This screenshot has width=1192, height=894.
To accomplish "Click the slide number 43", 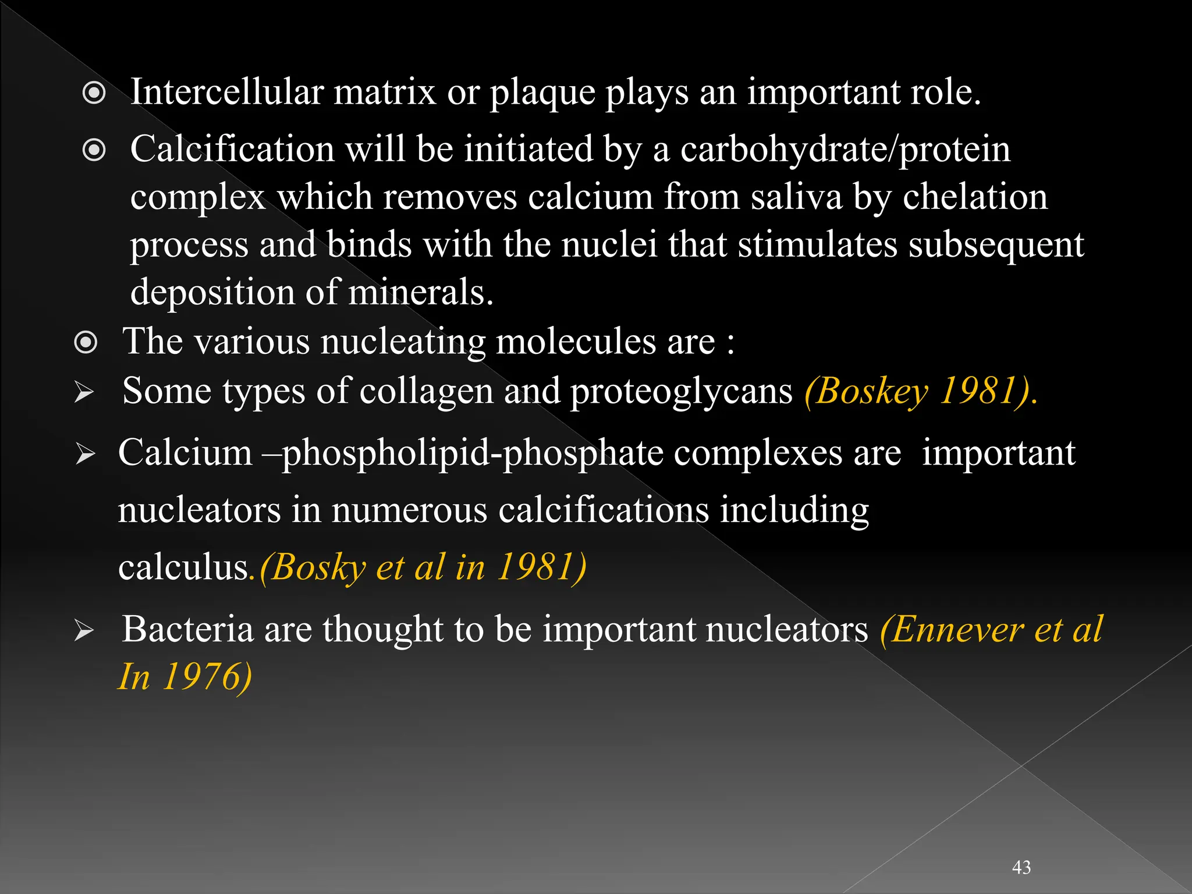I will coord(1021,867).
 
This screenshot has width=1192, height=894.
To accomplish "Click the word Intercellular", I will coord(226,92).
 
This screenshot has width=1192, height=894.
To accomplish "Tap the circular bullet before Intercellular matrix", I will coord(94,93).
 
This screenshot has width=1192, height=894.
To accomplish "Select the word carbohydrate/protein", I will coord(845,150).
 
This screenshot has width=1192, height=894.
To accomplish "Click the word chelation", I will coord(975,197).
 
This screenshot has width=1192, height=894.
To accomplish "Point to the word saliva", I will coord(796,197).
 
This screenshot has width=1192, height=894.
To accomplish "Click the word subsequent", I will coord(996,245).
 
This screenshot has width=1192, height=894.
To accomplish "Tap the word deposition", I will coord(212,292).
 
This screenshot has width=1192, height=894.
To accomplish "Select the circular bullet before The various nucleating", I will coord(86,342).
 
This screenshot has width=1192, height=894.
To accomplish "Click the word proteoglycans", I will coord(681,391).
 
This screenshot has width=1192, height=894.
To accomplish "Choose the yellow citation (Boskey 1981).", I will coord(921,391).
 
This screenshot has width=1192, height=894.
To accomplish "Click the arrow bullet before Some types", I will coord(84,393).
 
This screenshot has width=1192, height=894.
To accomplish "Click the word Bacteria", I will coord(187,629).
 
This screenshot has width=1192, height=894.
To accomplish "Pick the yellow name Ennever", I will coord(956,629).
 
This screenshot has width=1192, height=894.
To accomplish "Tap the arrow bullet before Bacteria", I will coord(84,631).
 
